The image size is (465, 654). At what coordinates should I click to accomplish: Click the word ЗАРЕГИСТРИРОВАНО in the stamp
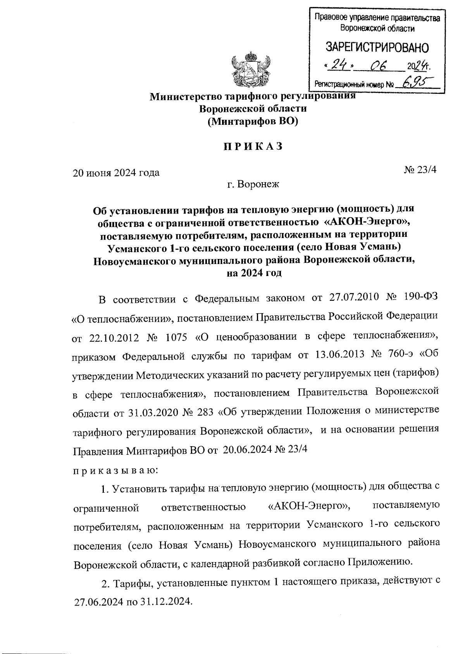click(x=377, y=48)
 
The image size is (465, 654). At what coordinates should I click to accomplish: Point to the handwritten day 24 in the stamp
click(x=339, y=66)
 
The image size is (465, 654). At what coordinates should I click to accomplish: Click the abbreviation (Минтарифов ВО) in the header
click(x=253, y=121)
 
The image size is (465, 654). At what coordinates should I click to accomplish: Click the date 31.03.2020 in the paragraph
click(x=152, y=412)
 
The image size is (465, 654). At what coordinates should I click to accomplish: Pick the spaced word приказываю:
click(x=115, y=470)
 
